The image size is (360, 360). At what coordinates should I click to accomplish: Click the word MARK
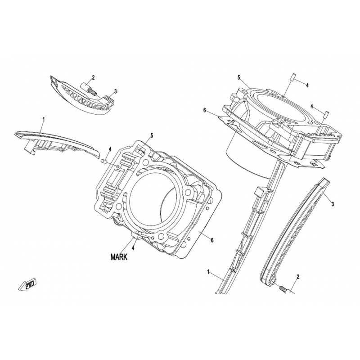119,257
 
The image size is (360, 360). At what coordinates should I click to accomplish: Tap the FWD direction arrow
27,285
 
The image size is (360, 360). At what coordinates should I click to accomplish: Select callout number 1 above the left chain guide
44,119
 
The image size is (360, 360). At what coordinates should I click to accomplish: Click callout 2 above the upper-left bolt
93,77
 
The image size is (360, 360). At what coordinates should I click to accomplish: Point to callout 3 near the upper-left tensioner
116,91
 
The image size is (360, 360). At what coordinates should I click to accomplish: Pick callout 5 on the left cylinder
152,136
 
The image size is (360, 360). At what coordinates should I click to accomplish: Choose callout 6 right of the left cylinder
212,240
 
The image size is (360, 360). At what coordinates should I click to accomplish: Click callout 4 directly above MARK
133,248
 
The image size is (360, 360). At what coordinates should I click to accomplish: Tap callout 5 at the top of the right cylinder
238,78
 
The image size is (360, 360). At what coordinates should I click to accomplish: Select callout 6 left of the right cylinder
205,111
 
